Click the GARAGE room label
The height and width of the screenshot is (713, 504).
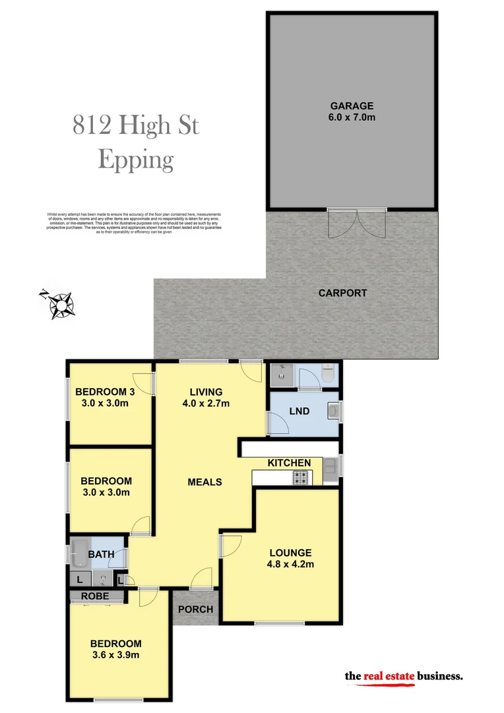coord(352,106)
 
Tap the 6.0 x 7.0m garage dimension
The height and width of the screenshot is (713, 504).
coord(352,118)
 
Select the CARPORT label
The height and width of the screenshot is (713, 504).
coord(342,293)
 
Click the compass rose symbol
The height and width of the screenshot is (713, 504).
coord(61,305)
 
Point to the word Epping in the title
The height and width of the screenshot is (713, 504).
coord(136,160)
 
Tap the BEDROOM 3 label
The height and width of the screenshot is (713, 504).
coord(105,390)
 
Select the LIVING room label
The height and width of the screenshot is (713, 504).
coord(206,391)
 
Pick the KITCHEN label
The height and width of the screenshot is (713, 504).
coord(289,463)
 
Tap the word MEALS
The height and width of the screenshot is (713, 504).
coord(205,482)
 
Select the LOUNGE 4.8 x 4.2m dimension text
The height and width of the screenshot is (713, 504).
coord(290,564)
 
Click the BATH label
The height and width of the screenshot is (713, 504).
coord(101,555)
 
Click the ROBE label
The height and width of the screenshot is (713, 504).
coord(94,595)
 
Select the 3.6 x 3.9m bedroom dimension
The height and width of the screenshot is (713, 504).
coord(116,655)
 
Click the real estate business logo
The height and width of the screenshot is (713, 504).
coord(404,677)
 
